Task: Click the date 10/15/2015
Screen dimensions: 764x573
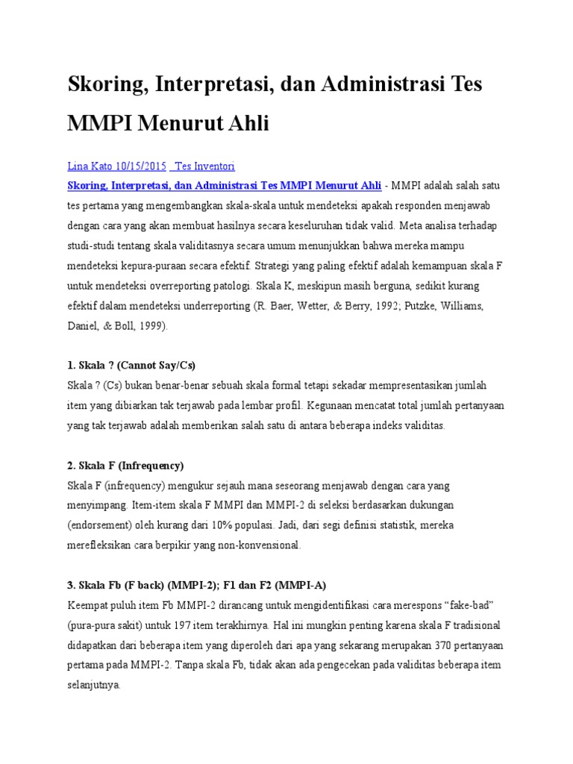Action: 141,166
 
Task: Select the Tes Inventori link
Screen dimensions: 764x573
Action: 204,166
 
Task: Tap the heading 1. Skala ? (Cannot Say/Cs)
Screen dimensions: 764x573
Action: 131,366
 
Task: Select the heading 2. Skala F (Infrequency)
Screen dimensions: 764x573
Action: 125,466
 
